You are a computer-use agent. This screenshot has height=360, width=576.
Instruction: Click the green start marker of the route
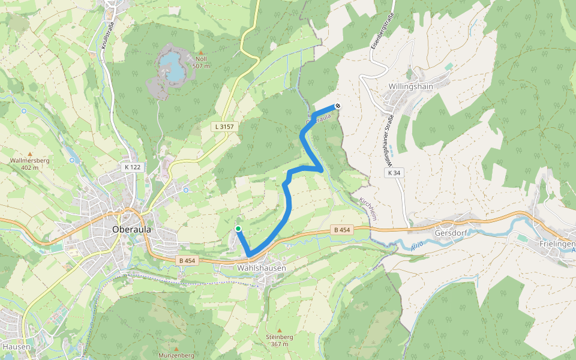coord(238,229)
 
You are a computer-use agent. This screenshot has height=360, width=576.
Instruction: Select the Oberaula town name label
coord(131,229)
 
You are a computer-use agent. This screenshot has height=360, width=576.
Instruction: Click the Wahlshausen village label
coord(262,268)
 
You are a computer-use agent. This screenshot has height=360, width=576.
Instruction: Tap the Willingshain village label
coord(411,86)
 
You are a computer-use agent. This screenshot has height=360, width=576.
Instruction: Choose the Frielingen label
coord(557,244)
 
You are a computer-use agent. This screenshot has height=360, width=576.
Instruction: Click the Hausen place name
coord(13,346)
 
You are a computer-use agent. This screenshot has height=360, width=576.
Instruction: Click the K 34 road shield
coord(394,173)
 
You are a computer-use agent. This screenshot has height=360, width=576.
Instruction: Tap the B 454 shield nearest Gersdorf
coord(341,230)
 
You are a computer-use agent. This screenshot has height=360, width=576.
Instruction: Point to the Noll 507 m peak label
coord(202,62)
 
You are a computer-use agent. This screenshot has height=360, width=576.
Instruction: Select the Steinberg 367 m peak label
coord(280,340)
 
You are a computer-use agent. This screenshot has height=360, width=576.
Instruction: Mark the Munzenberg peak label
coord(176,355)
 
